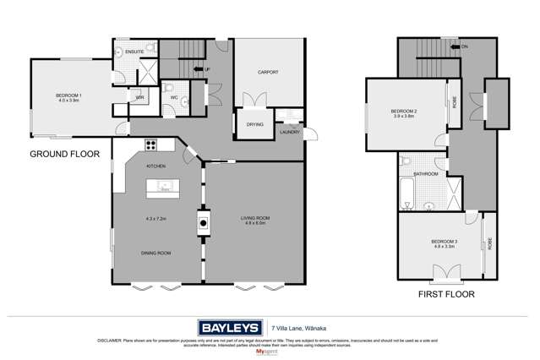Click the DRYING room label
tap(254, 124)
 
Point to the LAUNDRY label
tap(289, 132)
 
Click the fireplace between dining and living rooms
tap(203, 223)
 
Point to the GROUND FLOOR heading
tap(65, 155)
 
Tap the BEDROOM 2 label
tap(405, 112)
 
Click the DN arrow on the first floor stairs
tap(461, 46)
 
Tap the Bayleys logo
tap(230, 327)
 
